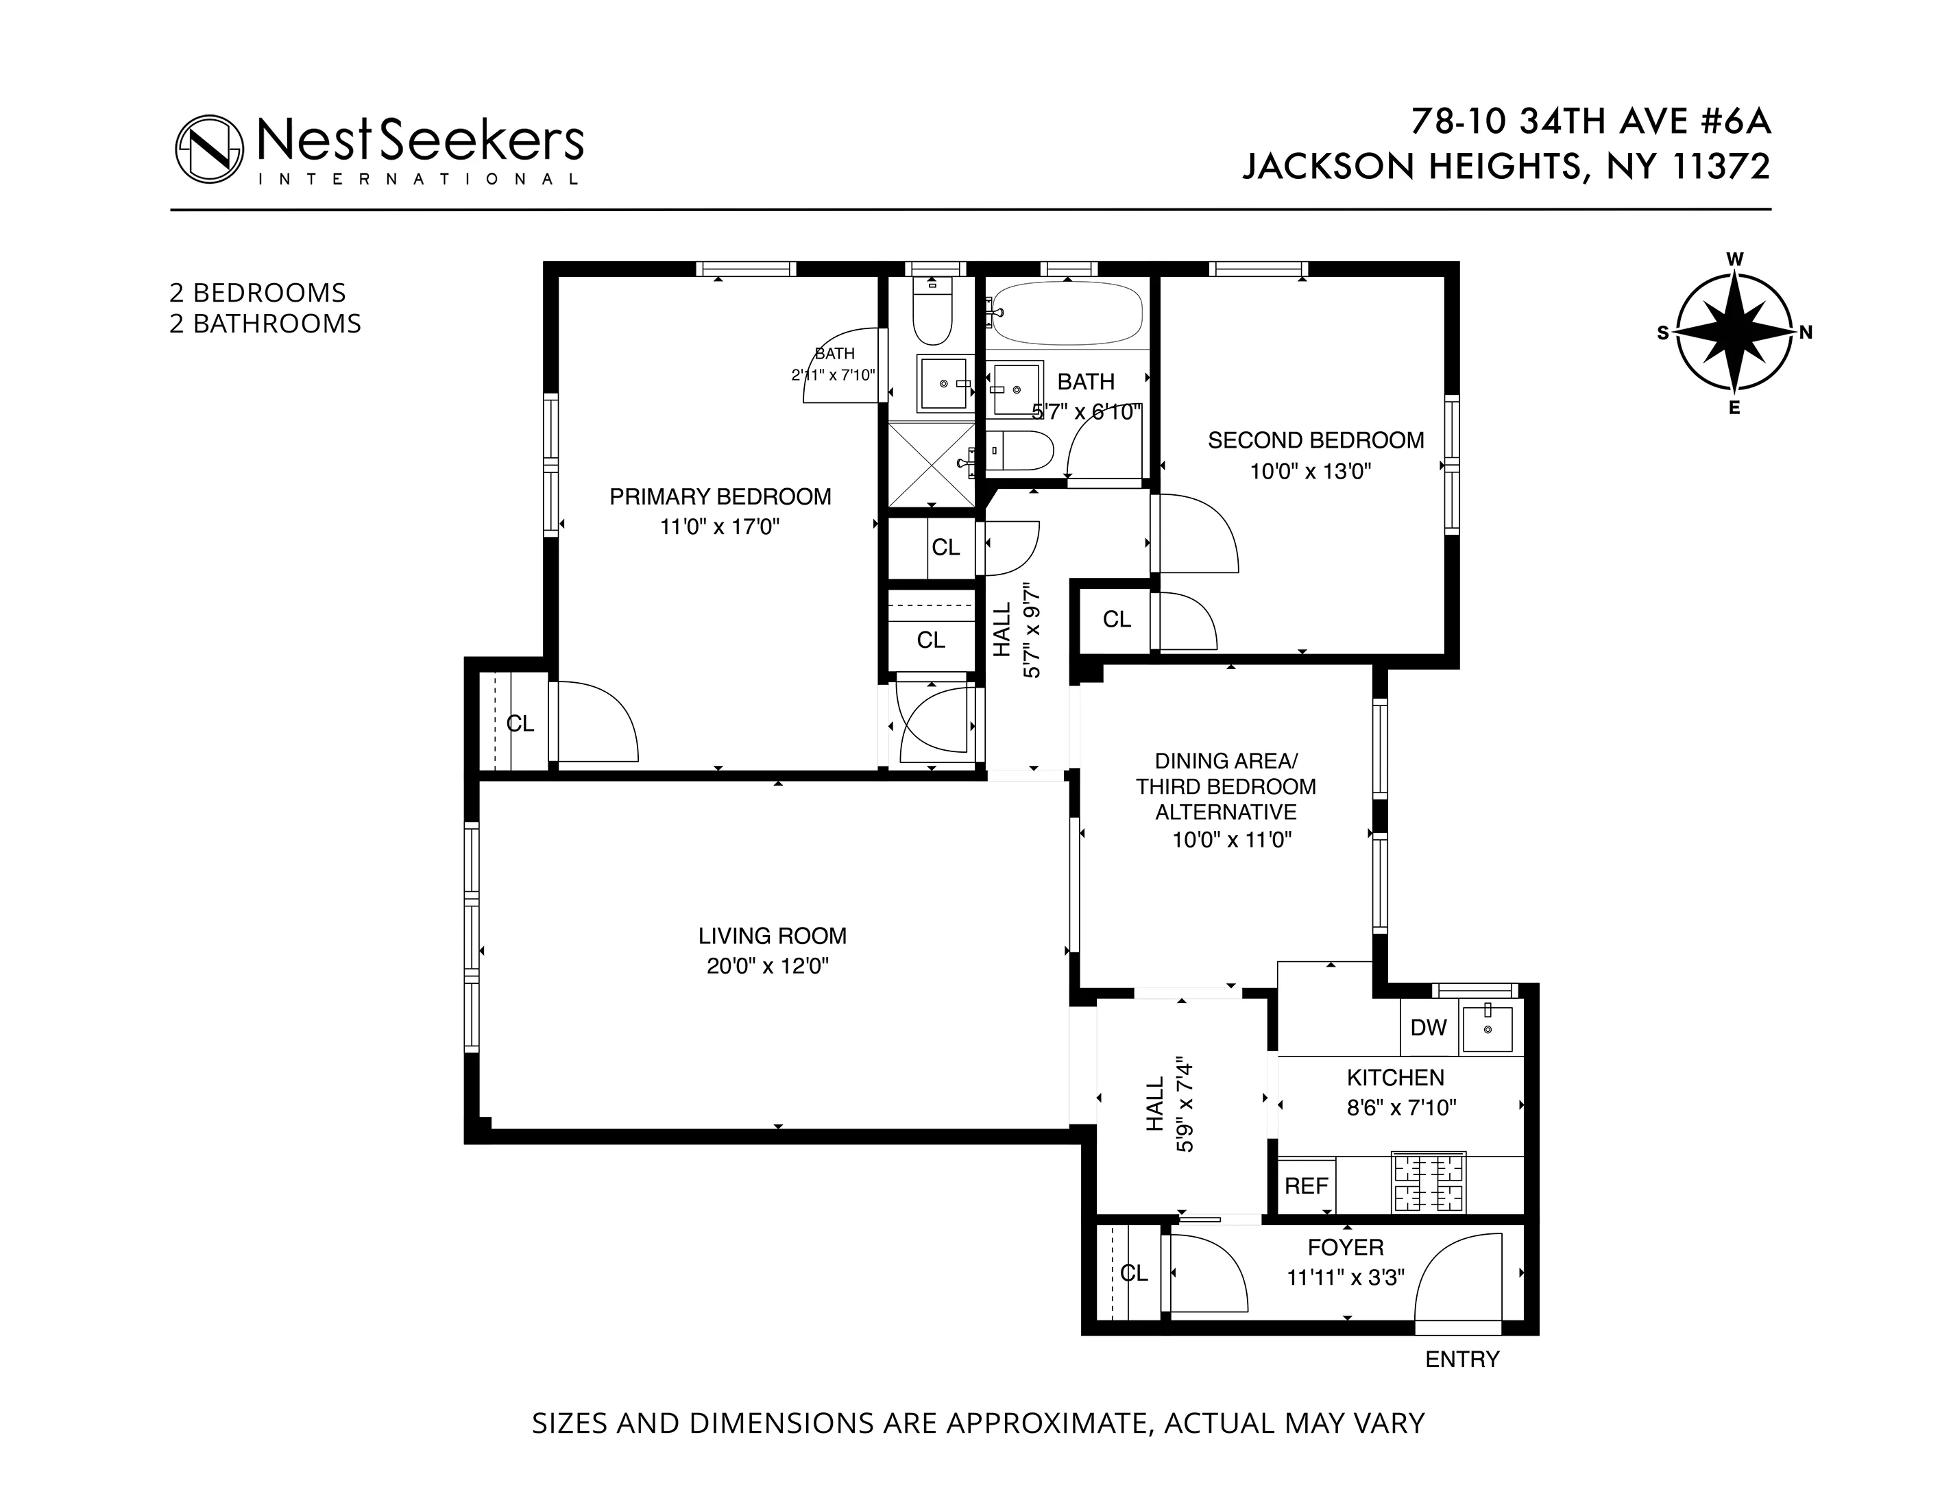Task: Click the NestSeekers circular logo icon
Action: [209, 149]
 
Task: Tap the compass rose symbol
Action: [1734, 333]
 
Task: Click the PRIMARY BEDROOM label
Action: [720, 496]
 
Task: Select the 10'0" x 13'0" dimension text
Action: [1310, 472]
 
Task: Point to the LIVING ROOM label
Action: [772, 936]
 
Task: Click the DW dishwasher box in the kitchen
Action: [1428, 1028]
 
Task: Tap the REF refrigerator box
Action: [1307, 1186]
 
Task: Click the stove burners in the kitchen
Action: [1428, 1181]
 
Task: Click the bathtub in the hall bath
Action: [1068, 314]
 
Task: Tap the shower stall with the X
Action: [931, 464]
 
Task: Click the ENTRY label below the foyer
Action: [1462, 1359]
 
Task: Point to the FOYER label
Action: [1345, 1247]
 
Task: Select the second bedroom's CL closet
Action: [1116, 619]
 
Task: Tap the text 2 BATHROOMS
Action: [265, 324]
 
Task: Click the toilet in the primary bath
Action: [932, 315]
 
